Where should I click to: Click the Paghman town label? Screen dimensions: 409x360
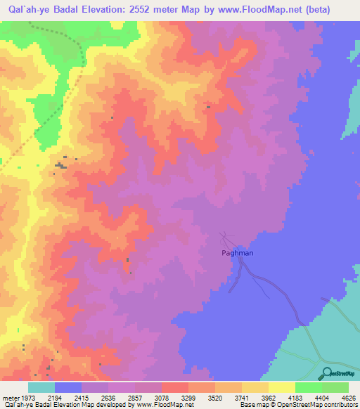pyautogui.click(x=238, y=252)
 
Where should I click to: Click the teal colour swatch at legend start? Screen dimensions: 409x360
pyautogui.click(x=41, y=387)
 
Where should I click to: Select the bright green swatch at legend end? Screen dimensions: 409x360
pyautogui.click(x=335, y=387)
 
